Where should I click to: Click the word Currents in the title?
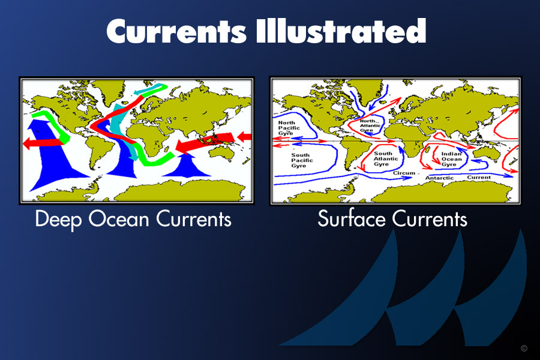point(176,31)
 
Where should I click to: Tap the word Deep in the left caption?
point(58,220)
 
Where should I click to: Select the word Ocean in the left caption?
point(118,219)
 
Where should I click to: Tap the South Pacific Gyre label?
point(302,160)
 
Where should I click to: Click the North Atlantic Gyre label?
point(370,125)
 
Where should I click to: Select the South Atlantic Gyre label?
point(386,158)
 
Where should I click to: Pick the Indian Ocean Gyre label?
point(451,159)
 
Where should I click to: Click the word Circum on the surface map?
point(404,173)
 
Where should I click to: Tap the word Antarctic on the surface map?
point(439,178)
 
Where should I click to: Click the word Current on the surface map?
point(479,177)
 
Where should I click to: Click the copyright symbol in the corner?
point(524,348)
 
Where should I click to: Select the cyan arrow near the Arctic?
point(152,89)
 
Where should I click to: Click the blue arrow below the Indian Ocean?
point(187,166)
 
